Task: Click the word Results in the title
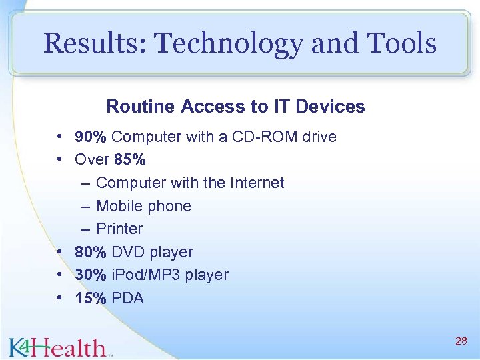click(x=93, y=44)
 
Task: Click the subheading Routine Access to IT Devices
click(x=235, y=107)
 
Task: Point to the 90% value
click(x=91, y=137)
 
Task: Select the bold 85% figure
click(x=130, y=160)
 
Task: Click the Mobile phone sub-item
click(x=143, y=206)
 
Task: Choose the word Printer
click(x=119, y=229)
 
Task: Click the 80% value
click(x=91, y=252)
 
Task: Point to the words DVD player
click(x=152, y=252)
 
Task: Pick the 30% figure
click(x=91, y=275)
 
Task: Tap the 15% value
click(x=91, y=298)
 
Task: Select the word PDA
click(x=127, y=298)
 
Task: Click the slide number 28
click(x=460, y=341)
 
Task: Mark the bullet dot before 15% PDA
click(x=60, y=298)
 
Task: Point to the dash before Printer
click(x=86, y=229)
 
